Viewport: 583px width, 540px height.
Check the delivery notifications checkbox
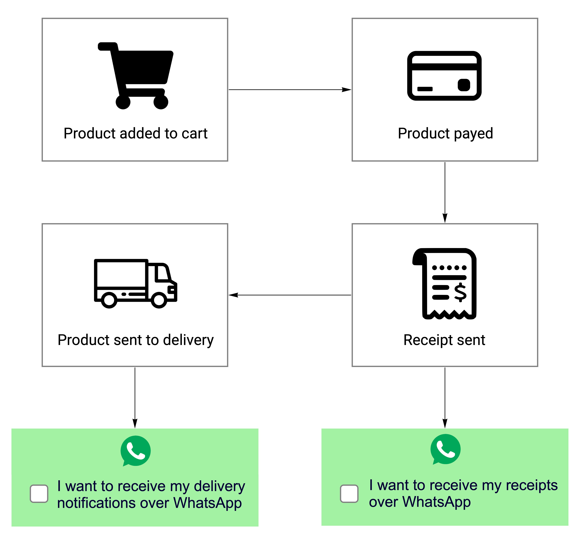coord(39,493)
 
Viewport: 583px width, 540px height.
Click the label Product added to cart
coord(135,134)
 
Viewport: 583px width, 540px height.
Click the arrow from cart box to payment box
coord(289,90)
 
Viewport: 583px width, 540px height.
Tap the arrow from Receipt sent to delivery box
coord(289,295)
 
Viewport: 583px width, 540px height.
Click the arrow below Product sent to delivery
coord(135,397)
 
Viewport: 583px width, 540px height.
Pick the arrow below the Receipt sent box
coord(445,397)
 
